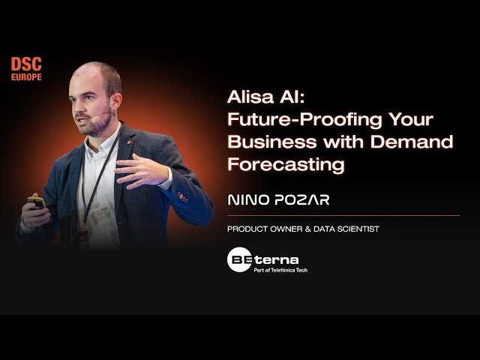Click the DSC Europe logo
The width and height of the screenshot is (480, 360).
26,67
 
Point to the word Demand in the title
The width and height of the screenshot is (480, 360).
415,142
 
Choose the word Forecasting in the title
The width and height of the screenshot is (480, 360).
286,163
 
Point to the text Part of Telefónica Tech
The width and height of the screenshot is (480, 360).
281,270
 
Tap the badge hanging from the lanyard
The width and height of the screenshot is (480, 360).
83,238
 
